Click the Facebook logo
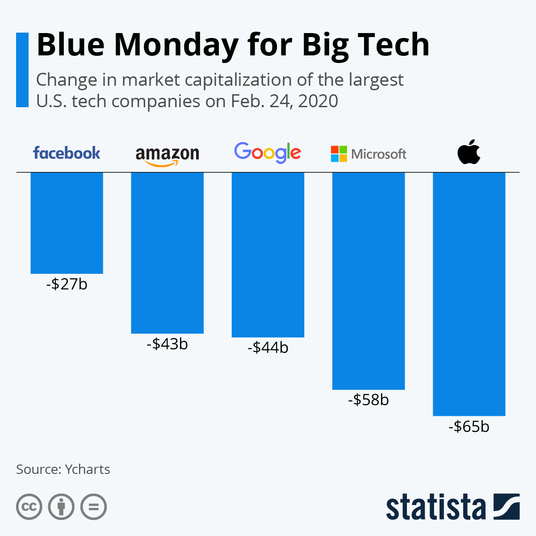coord(67,153)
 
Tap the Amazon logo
coord(167,155)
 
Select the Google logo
coord(268,153)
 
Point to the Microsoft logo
coord(368,154)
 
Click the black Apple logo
coord(469,152)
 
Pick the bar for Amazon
coord(167,252)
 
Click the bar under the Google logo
coord(268,255)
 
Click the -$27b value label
coord(67,284)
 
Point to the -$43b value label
coord(167,344)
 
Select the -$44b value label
coord(268,348)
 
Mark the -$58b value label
coord(368,400)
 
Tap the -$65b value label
coord(469,427)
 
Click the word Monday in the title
coord(176,45)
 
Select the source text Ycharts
coord(88,469)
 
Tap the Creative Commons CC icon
coord(29,507)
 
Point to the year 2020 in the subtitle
coord(318,101)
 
